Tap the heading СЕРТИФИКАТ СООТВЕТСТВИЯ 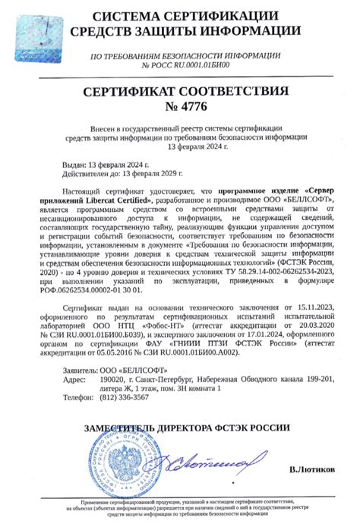[179, 91]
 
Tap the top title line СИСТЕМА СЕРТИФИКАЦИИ [179, 16]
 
